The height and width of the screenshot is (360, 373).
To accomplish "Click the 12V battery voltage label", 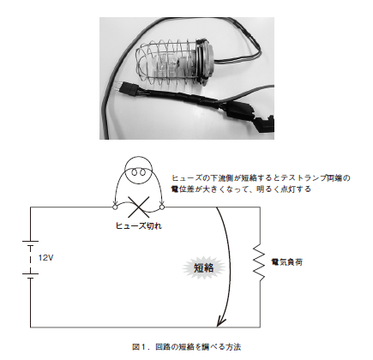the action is click(x=45, y=258).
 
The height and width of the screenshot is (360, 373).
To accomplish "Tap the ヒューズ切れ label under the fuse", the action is click(x=139, y=226).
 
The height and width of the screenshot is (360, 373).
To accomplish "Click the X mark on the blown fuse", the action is click(x=139, y=207).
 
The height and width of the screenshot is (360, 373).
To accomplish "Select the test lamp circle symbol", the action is click(x=139, y=171).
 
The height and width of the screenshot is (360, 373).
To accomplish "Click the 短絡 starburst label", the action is click(x=204, y=268).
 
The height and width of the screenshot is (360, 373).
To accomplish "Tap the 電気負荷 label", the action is click(x=286, y=262).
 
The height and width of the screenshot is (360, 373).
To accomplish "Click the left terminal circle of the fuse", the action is click(x=115, y=207).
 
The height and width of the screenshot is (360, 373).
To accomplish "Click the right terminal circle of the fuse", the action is click(x=162, y=207).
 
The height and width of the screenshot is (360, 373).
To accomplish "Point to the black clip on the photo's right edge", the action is click(x=264, y=123).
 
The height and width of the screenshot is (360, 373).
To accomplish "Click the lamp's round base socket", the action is click(x=204, y=62).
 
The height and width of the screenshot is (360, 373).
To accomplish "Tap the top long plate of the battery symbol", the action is click(x=30, y=242).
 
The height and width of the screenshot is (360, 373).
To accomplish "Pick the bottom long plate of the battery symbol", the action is click(x=30, y=274).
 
